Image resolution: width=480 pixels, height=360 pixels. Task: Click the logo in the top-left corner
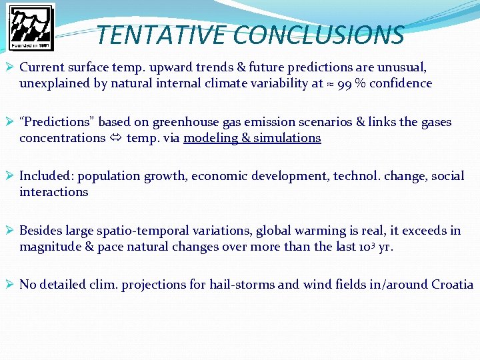click(31, 27)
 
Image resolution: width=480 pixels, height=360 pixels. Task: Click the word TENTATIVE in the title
click(161, 35)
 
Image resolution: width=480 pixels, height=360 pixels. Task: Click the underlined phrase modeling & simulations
click(252, 138)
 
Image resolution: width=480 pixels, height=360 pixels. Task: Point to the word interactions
click(54, 192)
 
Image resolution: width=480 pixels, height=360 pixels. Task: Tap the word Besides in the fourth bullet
click(41, 231)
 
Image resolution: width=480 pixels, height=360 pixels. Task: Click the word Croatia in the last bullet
click(452, 285)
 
